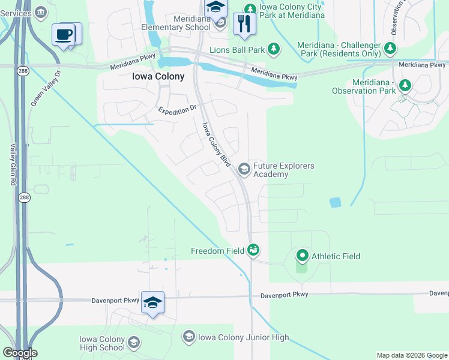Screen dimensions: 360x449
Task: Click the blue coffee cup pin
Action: click(x=63, y=35)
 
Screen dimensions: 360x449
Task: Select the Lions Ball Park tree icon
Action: click(x=274, y=48)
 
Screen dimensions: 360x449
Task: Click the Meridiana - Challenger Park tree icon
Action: click(x=391, y=47)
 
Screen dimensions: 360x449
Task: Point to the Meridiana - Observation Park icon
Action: click(x=405, y=86)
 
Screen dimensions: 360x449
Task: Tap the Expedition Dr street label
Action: click(x=177, y=110)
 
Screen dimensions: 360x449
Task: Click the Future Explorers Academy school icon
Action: click(x=244, y=169)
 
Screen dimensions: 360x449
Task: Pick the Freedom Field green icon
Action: click(x=253, y=250)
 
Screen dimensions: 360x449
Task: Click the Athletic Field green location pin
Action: click(x=302, y=256)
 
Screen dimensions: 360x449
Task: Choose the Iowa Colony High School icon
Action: click(x=133, y=343)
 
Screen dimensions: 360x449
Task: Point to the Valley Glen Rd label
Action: click(x=13, y=164)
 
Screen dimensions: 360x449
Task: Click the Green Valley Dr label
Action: click(x=46, y=88)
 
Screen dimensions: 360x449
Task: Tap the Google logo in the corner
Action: click(x=19, y=353)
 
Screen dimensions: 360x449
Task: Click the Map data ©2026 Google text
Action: click(x=412, y=355)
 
